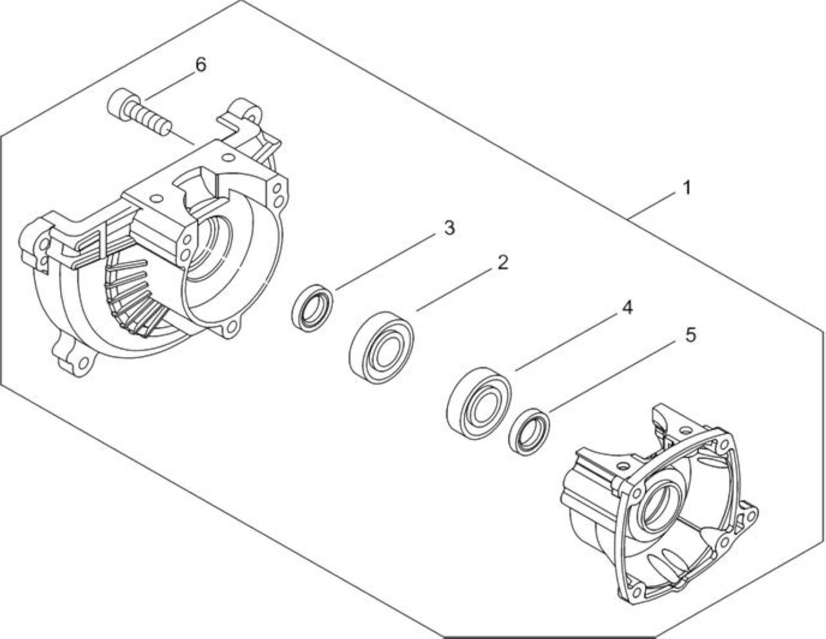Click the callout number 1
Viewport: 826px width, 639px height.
coord(687,188)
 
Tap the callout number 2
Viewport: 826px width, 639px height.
coord(503,262)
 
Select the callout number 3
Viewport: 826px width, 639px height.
coord(449,228)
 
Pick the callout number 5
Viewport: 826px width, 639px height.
coord(690,335)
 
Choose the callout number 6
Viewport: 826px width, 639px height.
coord(200,65)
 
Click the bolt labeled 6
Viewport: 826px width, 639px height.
coord(140,112)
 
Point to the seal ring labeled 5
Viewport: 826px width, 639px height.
coord(529,431)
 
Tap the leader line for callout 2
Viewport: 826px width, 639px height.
coord(454,289)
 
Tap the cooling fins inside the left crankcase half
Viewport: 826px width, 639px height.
coord(133,296)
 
